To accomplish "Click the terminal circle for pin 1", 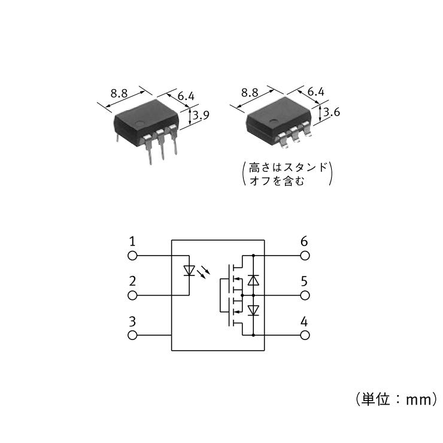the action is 132,256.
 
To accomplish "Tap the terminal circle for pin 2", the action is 132,296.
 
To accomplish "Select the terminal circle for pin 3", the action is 132,335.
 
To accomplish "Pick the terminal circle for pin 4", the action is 305,335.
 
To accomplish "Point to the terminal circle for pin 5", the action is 305,296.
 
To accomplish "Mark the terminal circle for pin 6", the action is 305,256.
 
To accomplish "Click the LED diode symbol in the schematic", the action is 189,271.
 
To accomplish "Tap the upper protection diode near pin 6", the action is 253,280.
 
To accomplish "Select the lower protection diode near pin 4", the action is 253,310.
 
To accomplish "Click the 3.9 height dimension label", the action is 201,115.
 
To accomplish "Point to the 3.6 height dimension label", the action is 332,112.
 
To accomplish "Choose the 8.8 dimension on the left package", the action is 119,93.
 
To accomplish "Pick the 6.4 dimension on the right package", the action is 316,92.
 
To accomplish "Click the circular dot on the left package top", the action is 139,123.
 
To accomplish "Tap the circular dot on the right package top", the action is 273,122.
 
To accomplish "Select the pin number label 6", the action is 304,242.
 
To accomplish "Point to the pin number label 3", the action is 132,321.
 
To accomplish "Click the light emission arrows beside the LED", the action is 204,272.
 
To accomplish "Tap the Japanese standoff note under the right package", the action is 287,174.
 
